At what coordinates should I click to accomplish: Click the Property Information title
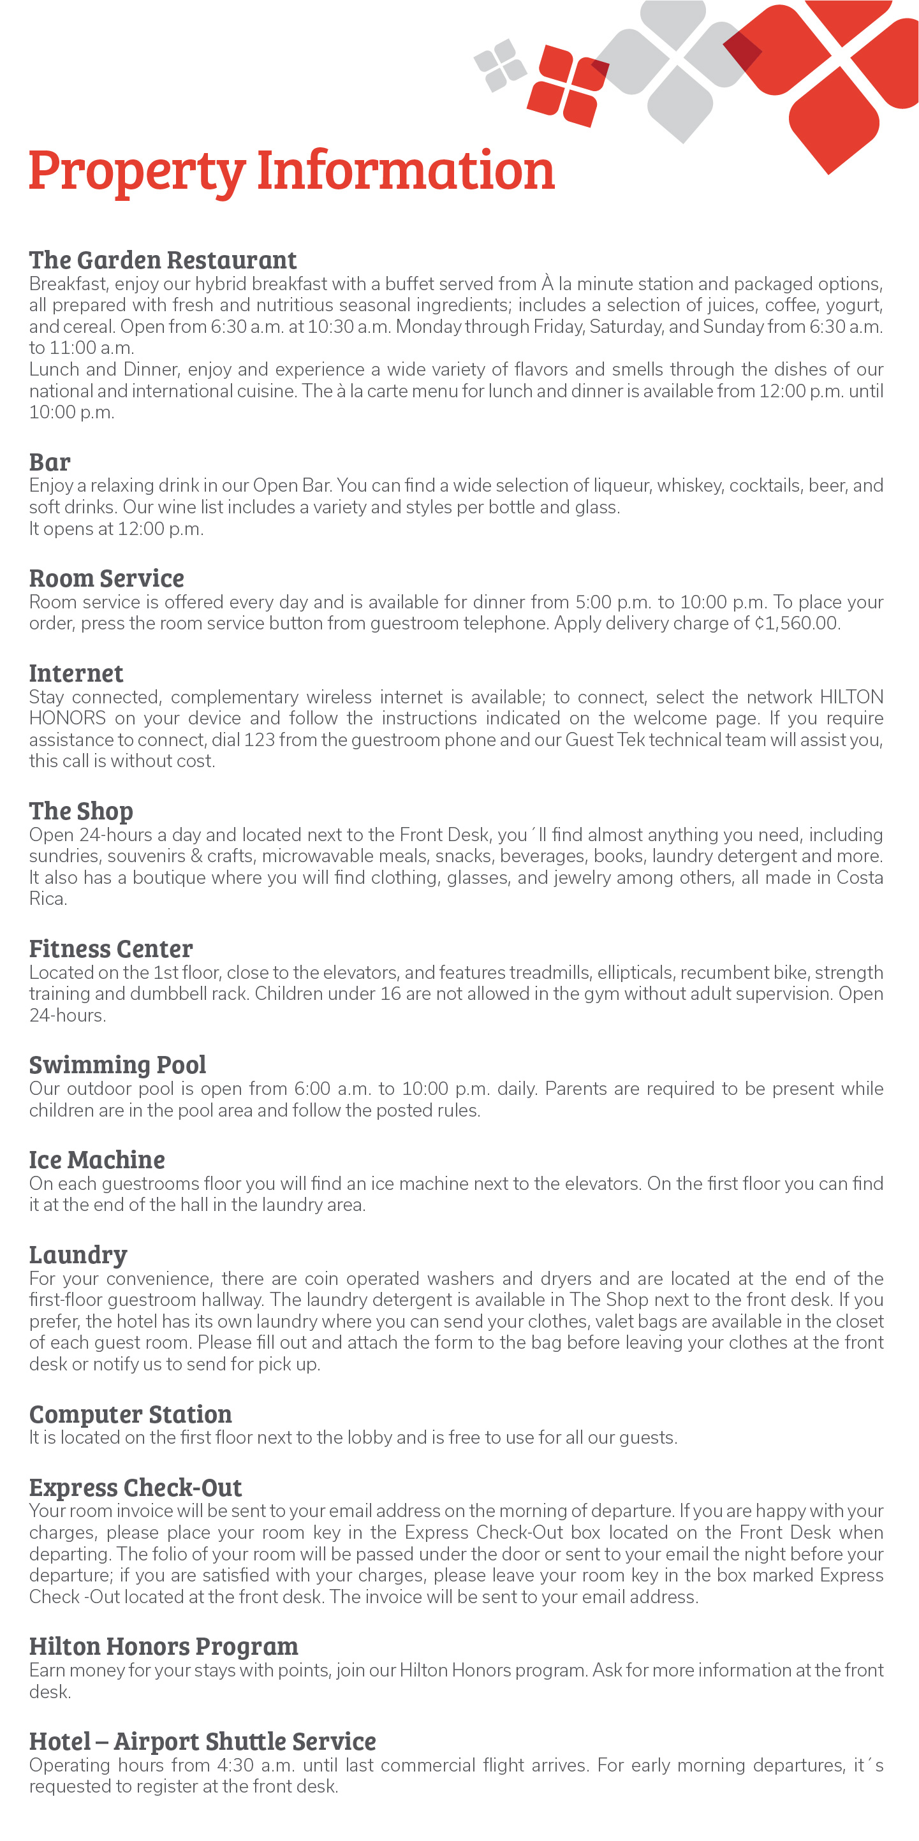[x=291, y=172]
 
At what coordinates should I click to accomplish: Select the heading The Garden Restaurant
[x=163, y=260]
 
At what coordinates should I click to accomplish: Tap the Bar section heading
[x=50, y=462]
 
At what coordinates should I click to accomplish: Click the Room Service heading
[x=107, y=578]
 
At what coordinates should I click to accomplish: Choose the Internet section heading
[x=77, y=673]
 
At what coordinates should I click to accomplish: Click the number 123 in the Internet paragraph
[x=259, y=740]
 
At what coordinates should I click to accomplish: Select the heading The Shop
[x=82, y=811]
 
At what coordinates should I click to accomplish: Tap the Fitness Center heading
[x=111, y=949]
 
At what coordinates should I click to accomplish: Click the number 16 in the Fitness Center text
[x=390, y=994]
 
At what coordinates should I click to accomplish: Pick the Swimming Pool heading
[x=118, y=1065]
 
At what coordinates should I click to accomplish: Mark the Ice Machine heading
[x=97, y=1160]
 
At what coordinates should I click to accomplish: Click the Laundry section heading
[x=78, y=1255]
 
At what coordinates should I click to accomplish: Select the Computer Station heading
[x=131, y=1414]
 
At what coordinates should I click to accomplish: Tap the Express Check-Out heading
[x=136, y=1488]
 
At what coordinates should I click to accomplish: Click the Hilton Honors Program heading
[x=164, y=1647]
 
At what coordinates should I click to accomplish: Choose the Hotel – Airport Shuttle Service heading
[x=203, y=1742]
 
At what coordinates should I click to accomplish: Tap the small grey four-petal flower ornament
[x=500, y=65]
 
